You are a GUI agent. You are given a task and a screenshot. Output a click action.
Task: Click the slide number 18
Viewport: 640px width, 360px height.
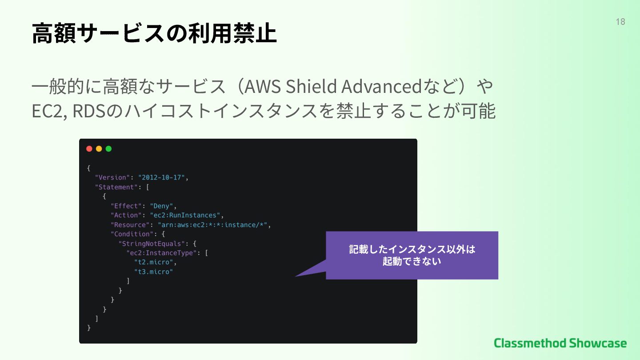[x=620, y=22]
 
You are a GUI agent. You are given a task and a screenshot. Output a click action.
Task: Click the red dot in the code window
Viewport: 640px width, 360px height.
[x=89, y=149]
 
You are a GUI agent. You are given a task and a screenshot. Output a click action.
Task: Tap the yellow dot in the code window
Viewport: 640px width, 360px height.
[x=99, y=149]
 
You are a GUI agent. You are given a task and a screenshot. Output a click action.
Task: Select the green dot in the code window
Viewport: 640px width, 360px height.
[x=108, y=149]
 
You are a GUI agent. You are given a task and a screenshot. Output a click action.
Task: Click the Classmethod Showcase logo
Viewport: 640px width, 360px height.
[x=560, y=343]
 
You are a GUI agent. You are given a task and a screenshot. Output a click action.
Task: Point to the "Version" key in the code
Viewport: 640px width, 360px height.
[x=112, y=178]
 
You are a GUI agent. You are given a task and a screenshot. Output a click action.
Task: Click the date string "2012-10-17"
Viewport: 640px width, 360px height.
[x=161, y=178]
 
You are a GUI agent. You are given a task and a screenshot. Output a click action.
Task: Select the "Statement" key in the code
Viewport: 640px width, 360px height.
[x=116, y=187]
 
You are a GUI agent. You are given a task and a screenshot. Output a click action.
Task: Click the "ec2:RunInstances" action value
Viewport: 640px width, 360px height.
[x=185, y=215]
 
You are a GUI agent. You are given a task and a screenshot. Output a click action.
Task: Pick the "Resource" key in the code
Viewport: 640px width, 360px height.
[x=130, y=225]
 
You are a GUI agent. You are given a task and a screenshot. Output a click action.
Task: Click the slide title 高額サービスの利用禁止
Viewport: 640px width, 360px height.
[x=154, y=34]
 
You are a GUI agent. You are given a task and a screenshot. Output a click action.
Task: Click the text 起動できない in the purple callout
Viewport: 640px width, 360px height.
[x=412, y=261]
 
